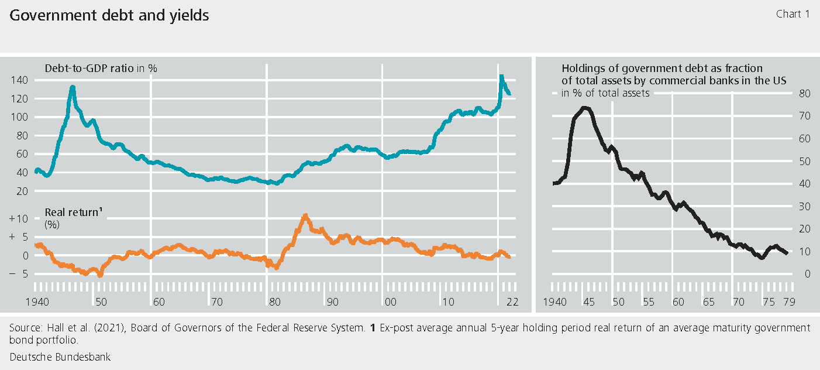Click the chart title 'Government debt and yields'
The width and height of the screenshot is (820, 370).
109,16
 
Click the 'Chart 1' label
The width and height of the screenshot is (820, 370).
793,14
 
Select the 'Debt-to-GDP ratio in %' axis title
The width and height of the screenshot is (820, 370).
101,68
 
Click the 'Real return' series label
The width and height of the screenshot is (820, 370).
70,213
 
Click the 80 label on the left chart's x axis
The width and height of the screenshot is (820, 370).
273,303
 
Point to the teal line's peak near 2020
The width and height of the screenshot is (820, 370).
501,76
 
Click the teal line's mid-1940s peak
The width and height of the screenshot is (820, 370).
73,87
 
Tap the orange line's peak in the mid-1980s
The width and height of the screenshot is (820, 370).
305,215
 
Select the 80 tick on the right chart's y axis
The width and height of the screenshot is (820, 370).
804,93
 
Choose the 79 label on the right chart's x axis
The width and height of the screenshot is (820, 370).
788,303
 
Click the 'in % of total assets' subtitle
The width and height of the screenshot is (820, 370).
605,93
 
